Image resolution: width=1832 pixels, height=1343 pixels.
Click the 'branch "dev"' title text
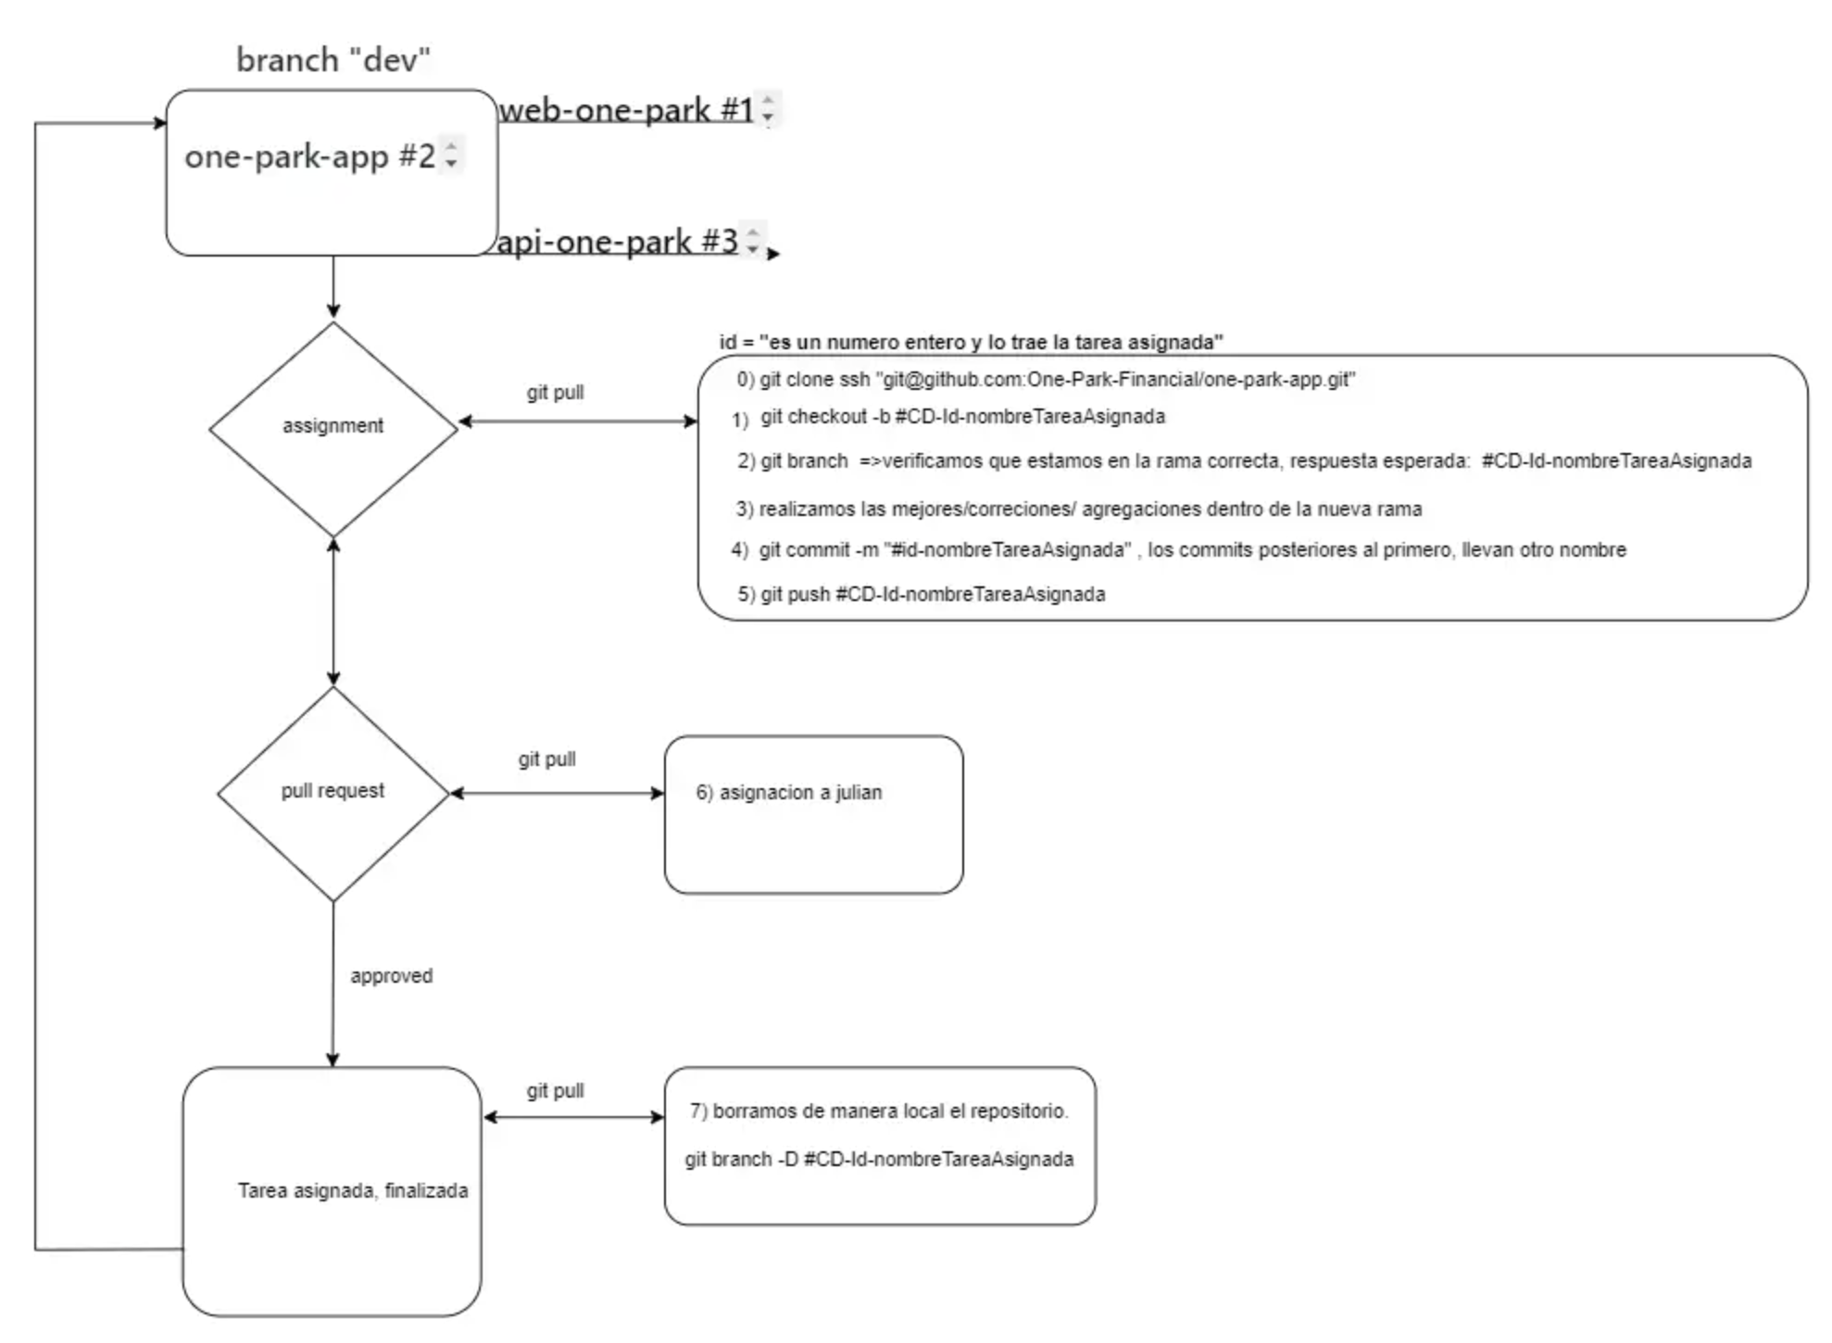(333, 60)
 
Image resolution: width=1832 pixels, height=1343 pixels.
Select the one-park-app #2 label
(309, 157)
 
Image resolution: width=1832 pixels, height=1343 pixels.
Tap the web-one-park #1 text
(626, 110)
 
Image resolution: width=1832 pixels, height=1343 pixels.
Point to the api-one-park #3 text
(618, 242)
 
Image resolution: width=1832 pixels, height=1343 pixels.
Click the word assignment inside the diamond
(333, 426)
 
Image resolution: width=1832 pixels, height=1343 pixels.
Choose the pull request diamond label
(333, 791)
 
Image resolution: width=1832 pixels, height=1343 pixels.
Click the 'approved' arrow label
(391, 976)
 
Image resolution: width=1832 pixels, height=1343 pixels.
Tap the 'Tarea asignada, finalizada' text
(353, 1191)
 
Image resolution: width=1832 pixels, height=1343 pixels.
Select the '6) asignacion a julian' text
(789, 793)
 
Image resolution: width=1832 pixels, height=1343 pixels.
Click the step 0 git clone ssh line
(1047, 380)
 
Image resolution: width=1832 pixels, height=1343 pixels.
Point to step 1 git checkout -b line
(948, 418)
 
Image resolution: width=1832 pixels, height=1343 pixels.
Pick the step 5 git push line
(922, 595)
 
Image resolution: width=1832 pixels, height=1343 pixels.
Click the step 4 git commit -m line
(1178, 550)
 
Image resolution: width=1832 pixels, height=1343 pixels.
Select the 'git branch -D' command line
(879, 1160)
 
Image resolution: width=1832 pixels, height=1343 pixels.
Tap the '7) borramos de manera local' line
(879, 1111)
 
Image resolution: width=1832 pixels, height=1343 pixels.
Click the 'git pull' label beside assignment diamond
(556, 393)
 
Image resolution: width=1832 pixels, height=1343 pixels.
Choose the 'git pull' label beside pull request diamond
(547, 759)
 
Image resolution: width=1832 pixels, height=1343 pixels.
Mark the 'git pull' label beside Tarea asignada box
(556, 1091)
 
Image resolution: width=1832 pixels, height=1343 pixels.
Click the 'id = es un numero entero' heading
(972, 343)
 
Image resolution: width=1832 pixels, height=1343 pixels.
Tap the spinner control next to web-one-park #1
(768, 109)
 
